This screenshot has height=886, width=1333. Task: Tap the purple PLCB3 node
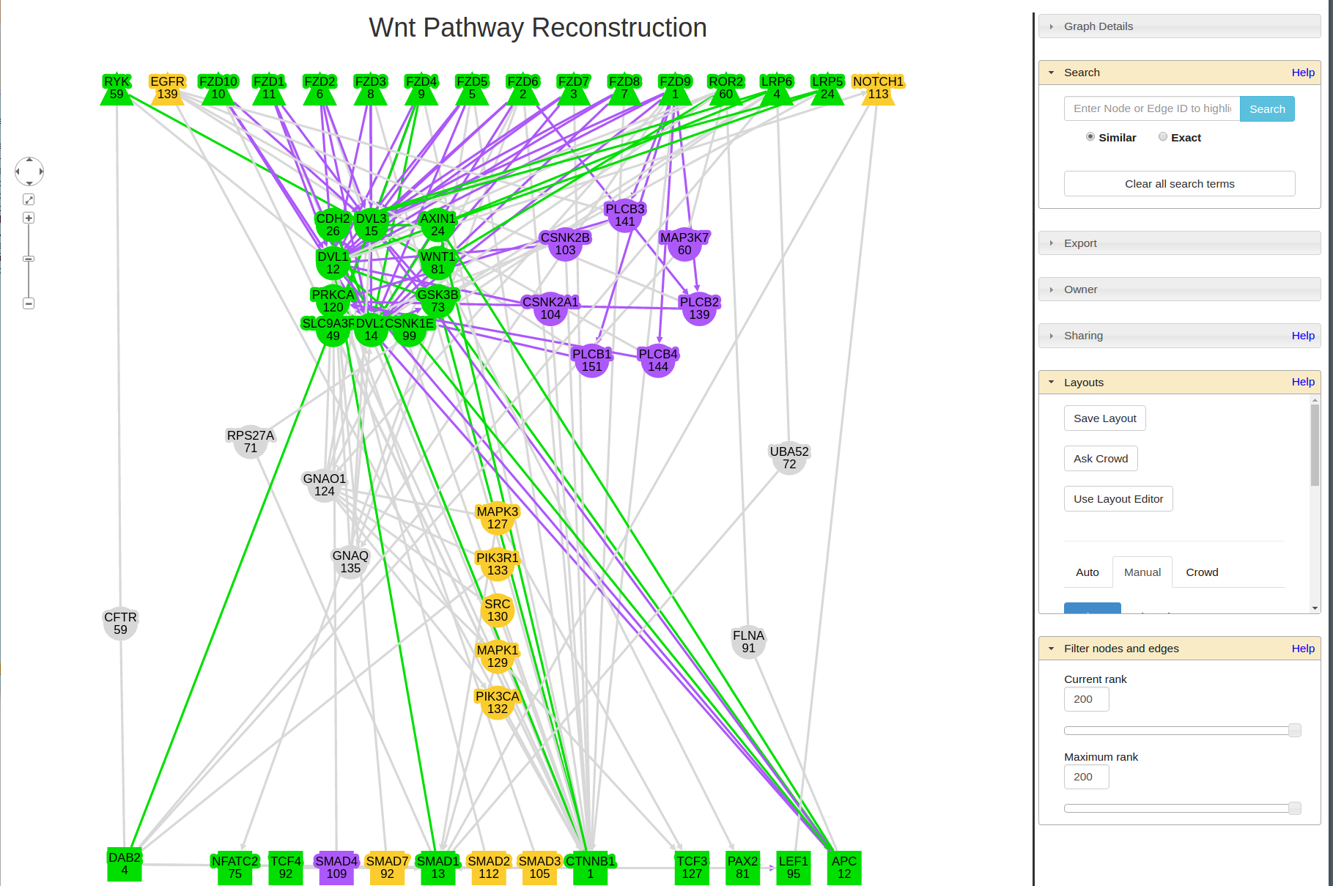click(x=625, y=215)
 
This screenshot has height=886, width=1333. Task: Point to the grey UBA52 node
click(x=789, y=458)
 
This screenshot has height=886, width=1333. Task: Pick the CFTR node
click(x=121, y=624)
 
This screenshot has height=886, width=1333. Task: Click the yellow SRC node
click(x=498, y=610)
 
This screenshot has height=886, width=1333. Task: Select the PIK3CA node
click(x=498, y=703)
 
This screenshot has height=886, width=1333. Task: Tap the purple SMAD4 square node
click(x=336, y=868)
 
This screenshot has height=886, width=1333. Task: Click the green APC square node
click(x=844, y=868)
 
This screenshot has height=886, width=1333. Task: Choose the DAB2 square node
click(x=125, y=865)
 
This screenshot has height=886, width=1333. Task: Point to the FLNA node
click(x=748, y=642)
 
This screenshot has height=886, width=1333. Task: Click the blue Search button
click(x=1267, y=109)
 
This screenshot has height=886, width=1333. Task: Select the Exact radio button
click(x=1163, y=137)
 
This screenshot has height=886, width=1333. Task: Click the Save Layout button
click(x=1104, y=418)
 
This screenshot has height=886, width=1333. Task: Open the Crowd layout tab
click(x=1202, y=572)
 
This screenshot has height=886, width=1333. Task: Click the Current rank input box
click(x=1086, y=699)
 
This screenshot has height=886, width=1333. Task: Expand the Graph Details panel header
click(x=1098, y=26)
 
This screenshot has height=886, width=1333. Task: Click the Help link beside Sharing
click(x=1303, y=336)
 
